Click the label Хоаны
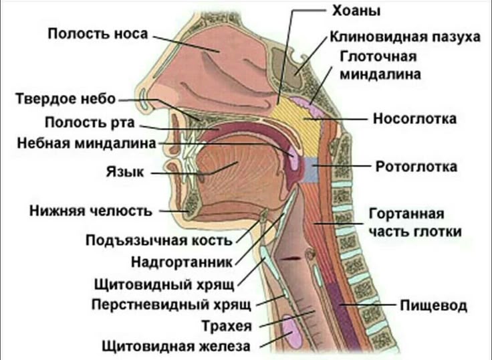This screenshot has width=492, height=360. [x=356, y=11]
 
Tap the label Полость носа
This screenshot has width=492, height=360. [x=98, y=33]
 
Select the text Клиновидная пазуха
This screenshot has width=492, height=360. [x=405, y=37]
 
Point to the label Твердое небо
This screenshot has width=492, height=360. [x=66, y=98]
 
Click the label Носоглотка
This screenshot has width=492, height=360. [x=414, y=118]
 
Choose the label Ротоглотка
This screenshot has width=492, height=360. [x=416, y=167]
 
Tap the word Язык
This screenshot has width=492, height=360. [x=125, y=172]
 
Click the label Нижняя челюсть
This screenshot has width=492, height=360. [x=91, y=211]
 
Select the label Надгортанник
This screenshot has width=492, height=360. [x=182, y=262]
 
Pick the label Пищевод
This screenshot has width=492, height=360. [x=433, y=305]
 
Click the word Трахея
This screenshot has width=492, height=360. [x=227, y=326]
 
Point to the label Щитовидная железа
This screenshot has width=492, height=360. [x=176, y=346]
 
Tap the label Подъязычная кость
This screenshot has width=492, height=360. [x=159, y=241]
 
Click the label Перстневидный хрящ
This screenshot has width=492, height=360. [x=171, y=304]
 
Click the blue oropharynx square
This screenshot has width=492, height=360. [x=311, y=170]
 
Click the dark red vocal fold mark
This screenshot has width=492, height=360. [x=290, y=258]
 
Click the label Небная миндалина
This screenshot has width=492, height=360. [x=87, y=143]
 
